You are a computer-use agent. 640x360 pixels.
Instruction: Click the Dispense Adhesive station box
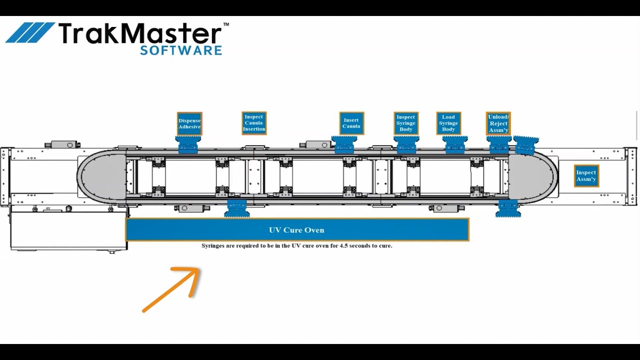click(x=189, y=123)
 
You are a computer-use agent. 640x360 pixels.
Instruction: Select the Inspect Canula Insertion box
click(x=254, y=123)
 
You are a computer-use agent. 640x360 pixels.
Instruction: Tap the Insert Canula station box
click(x=351, y=123)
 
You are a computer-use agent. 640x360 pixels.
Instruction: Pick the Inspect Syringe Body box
click(x=406, y=123)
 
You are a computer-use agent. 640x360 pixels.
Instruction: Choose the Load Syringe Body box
click(x=448, y=123)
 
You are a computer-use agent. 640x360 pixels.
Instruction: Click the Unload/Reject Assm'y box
click(x=498, y=123)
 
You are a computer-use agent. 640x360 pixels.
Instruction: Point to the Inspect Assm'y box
click(x=586, y=176)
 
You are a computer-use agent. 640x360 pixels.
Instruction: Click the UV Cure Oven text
click(x=296, y=230)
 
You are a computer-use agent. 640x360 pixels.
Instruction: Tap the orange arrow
click(x=172, y=289)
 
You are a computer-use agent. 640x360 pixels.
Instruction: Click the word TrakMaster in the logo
click(x=140, y=33)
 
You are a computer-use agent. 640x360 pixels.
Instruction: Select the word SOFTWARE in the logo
click(x=181, y=50)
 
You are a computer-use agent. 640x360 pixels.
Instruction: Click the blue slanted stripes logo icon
click(x=30, y=32)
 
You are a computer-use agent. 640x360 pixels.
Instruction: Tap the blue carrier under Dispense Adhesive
click(x=189, y=144)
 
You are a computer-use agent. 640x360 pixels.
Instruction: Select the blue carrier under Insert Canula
click(x=344, y=144)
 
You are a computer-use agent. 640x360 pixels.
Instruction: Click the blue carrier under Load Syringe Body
click(x=455, y=144)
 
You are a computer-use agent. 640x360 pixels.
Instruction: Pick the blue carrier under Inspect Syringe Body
click(x=406, y=144)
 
